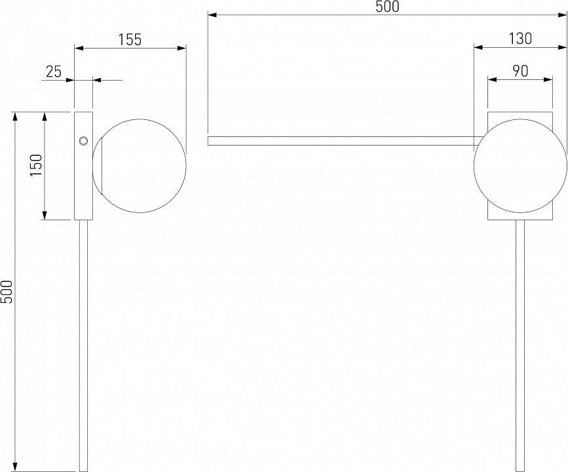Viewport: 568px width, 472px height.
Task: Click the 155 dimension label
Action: (x=130, y=39)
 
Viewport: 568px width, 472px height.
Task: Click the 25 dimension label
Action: (x=54, y=71)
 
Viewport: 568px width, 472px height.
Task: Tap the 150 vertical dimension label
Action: (x=36, y=165)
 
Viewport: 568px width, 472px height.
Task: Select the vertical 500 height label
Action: (x=7, y=292)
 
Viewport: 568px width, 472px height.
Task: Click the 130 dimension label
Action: (x=520, y=39)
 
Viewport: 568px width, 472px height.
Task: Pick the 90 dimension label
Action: (x=520, y=71)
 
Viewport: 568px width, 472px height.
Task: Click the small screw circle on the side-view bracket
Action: (x=83, y=141)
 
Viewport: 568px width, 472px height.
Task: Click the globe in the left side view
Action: (x=139, y=166)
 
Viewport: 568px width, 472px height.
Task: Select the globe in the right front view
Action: (x=520, y=166)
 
